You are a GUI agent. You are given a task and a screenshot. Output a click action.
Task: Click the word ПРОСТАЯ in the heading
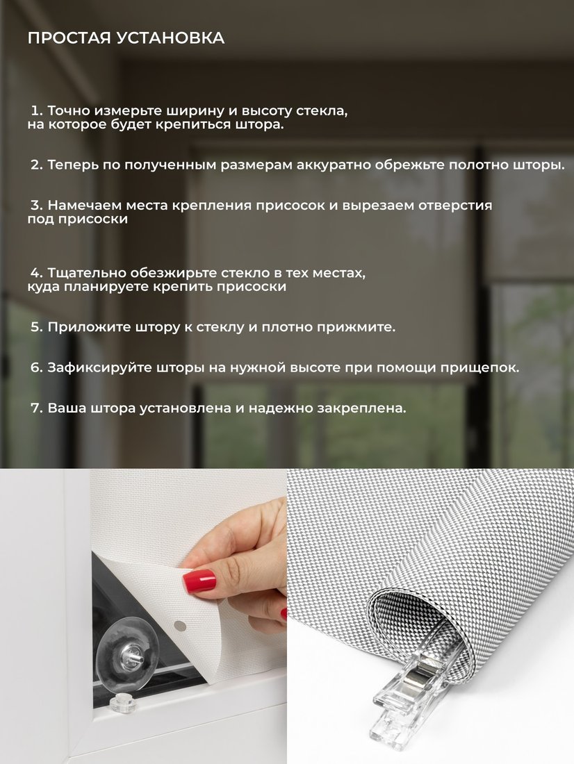(69, 38)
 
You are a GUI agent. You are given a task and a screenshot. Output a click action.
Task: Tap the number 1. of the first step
(37, 110)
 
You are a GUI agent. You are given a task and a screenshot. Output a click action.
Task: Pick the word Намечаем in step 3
(84, 206)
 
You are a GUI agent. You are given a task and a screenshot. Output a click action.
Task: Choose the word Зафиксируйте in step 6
(99, 368)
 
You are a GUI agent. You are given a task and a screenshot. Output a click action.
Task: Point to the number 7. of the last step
(37, 408)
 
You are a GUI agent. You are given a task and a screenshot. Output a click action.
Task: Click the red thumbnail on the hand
(199, 581)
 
